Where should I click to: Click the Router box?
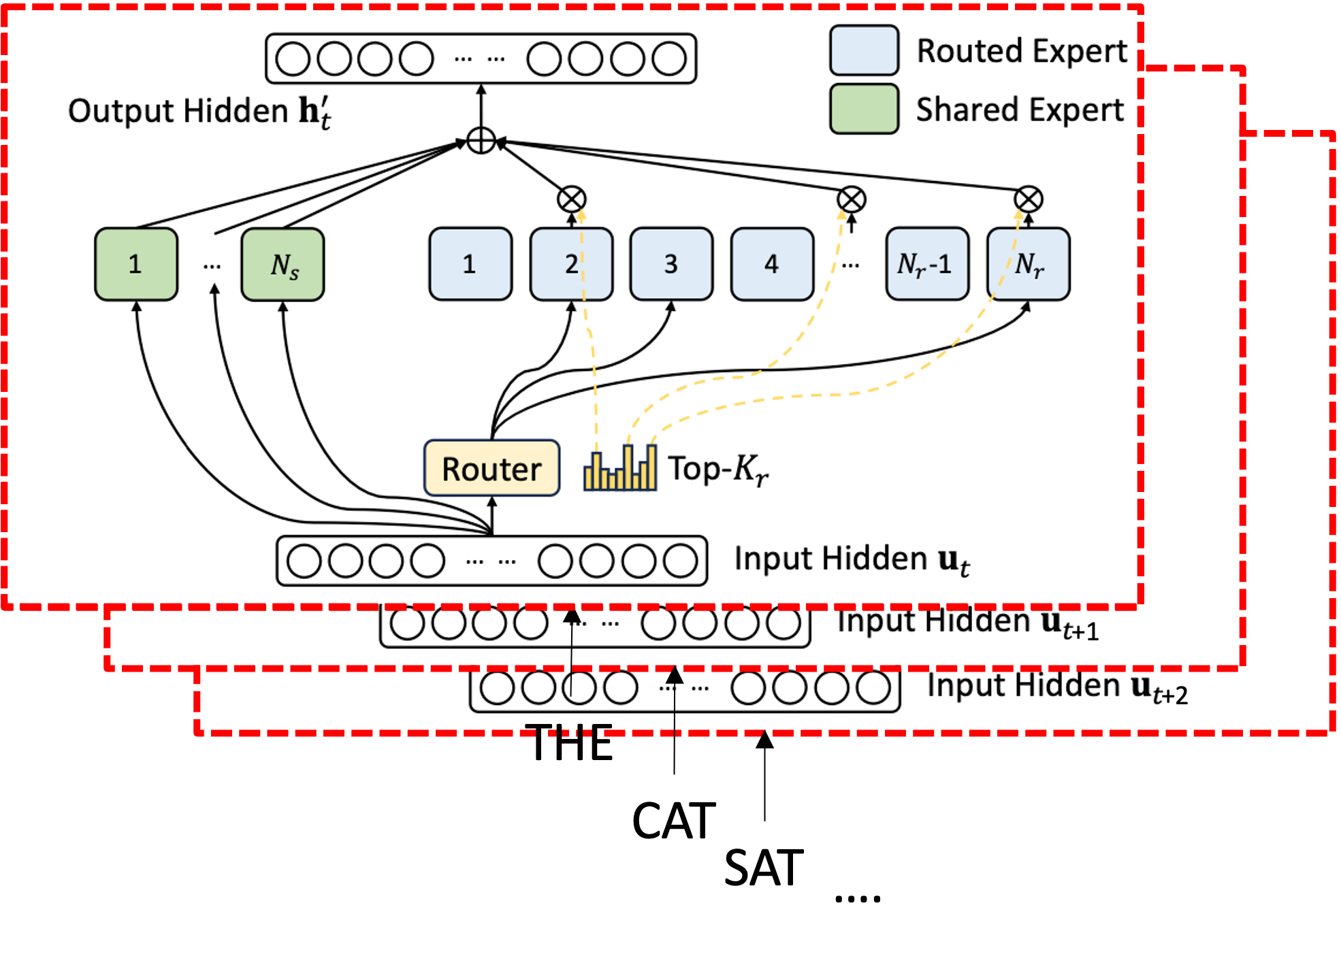tap(491, 468)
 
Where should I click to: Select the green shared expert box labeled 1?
tap(136, 264)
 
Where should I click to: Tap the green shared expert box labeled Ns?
tap(282, 264)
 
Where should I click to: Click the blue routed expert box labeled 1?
tap(470, 264)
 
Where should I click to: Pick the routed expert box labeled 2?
tap(571, 264)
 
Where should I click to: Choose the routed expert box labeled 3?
tap(671, 264)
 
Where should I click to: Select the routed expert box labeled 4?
tap(772, 264)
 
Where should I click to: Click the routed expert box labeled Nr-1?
tap(926, 264)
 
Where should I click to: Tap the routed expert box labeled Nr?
tap(1028, 264)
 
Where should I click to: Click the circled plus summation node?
tap(481, 140)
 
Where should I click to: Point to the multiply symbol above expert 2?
tap(571, 199)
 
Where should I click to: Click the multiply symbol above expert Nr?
tap(1028, 199)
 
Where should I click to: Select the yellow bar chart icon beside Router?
tap(620, 468)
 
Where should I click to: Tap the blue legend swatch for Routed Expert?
tap(864, 50)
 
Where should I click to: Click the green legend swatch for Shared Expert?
tap(864, 109)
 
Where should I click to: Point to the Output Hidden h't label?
tap(199, 111)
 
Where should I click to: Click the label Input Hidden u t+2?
tap(1056, 687)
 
